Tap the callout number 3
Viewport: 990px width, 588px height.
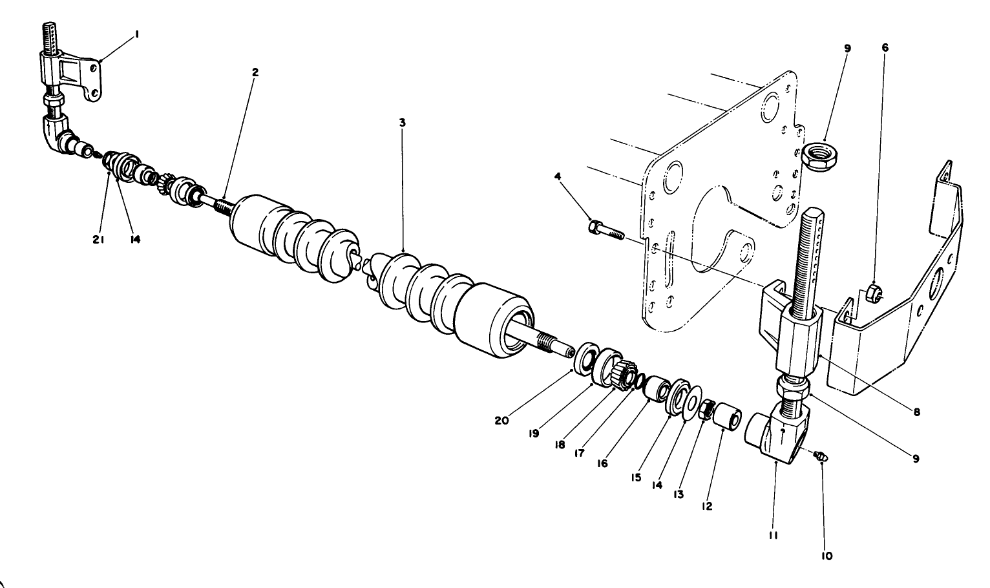402,122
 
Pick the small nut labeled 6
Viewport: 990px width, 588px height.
873,292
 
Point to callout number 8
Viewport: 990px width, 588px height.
916,411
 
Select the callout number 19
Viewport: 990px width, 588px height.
533,434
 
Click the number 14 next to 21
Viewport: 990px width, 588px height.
134,239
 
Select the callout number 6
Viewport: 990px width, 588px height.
885,48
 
